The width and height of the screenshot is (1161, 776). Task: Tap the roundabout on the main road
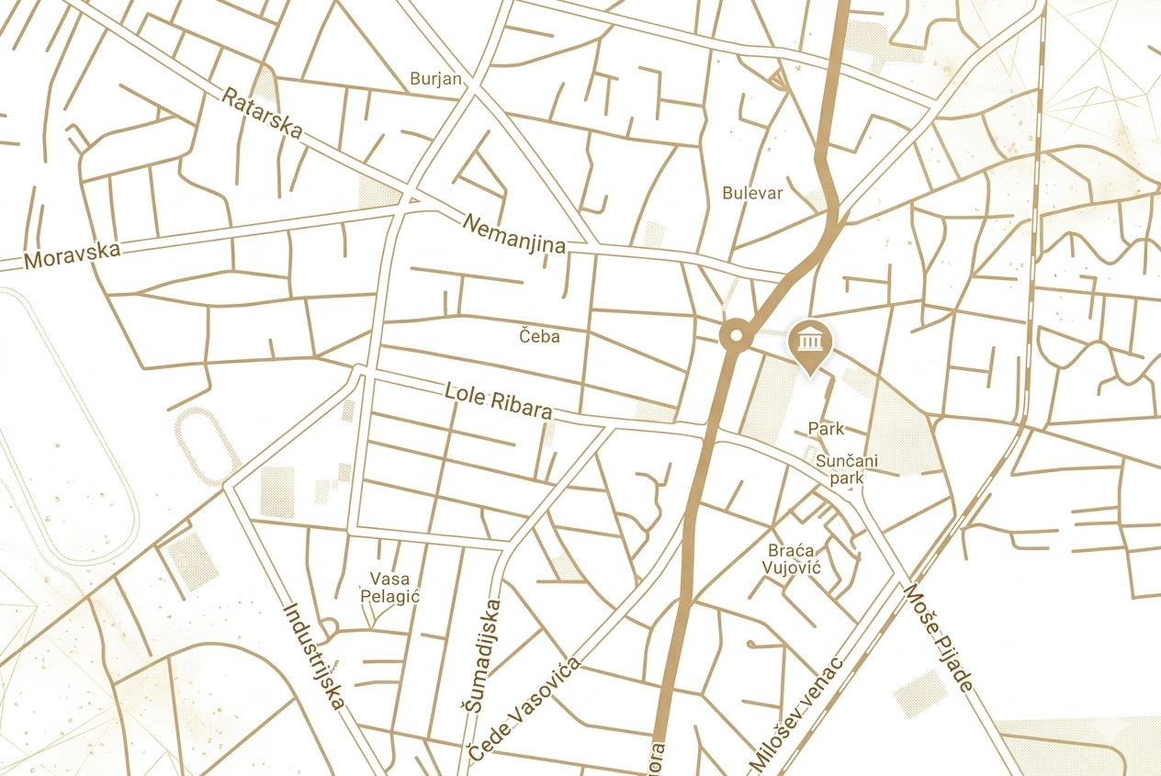point(735,336)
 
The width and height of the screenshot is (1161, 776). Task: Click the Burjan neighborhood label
point(435,78)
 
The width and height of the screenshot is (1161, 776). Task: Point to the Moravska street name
point(72,254)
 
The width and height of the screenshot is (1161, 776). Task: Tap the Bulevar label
point(752,193)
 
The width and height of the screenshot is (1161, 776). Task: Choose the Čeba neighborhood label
point(539,336)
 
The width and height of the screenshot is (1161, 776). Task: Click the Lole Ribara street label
point(499,400)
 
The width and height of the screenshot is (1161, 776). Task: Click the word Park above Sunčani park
point(826,428)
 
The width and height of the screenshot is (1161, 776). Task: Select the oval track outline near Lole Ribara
point(208,446)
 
